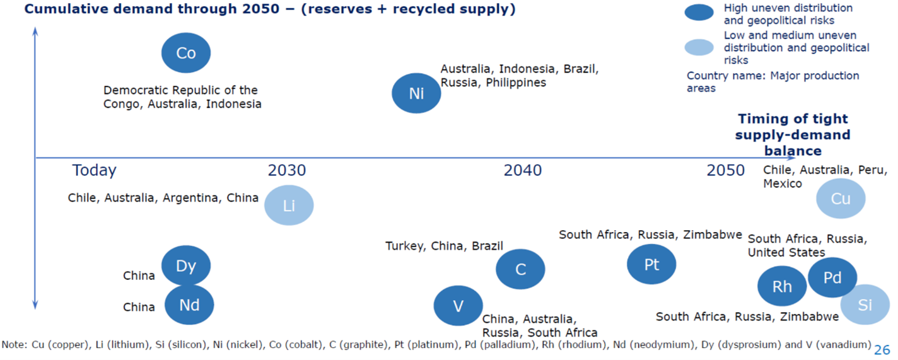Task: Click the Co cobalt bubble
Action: pos(186,54)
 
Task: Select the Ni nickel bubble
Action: pos(416,93)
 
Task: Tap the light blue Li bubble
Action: pos(289,205)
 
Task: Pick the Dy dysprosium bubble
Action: pos(186,265)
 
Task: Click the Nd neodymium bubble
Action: pos(189,305)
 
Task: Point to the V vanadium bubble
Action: pos(458,306)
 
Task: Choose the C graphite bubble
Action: pos(520,269)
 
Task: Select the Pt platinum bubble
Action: pos(651,264)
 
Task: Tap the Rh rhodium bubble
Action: pos(782,286)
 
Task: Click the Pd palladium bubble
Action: pos(832,277)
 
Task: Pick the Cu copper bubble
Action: pos(841,199)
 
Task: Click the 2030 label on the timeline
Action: pos(287,170)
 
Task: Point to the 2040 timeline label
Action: pos(522,170)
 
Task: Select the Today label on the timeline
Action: pos(94,170)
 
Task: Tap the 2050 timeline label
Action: pos(725,170)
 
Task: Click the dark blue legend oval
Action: pos(699,12)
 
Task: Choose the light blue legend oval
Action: pos(699,47)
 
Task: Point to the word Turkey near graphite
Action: pos(404,246)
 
